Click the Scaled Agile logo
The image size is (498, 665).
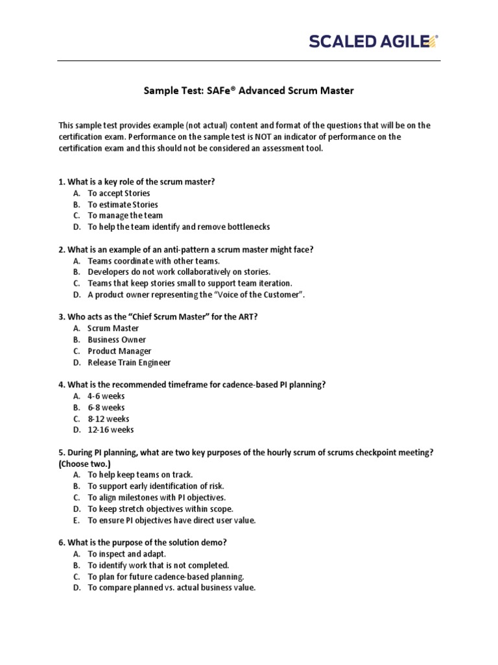click(373, 42)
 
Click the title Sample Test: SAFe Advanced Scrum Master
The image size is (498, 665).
click(248, 91)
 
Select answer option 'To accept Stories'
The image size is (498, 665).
click(119, 194)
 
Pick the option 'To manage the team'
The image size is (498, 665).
click(125, 216)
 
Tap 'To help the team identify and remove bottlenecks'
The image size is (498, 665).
click(178, 227)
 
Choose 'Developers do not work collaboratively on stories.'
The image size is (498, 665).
click(179, 272)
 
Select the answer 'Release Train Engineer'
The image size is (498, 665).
click(129, 362)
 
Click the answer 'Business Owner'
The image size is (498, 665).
click(117, 340)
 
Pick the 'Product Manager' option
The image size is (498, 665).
click(119, 351)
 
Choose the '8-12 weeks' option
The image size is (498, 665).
click(108, 419)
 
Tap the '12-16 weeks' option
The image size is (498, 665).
click(111, 430)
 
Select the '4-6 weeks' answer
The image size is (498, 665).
click(106, 396)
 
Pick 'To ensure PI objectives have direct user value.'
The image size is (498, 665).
click(172, 520)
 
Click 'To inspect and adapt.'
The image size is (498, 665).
click(127, 554)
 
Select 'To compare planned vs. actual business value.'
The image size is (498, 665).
click(172, 588)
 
